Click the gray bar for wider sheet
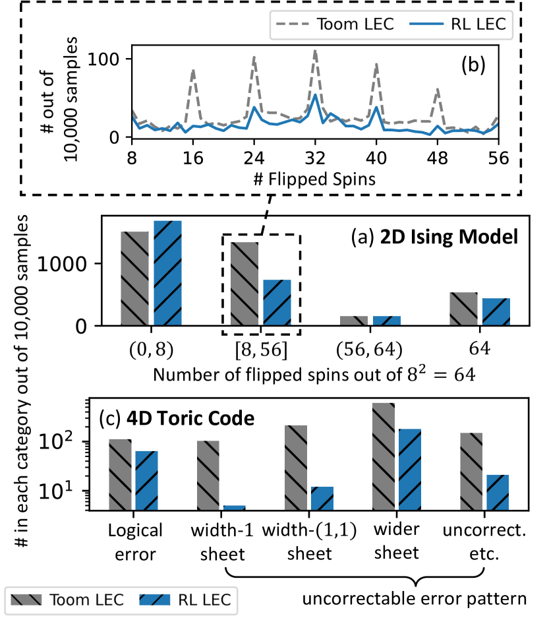pos(383,456)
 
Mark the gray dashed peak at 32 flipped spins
pos(315,51)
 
